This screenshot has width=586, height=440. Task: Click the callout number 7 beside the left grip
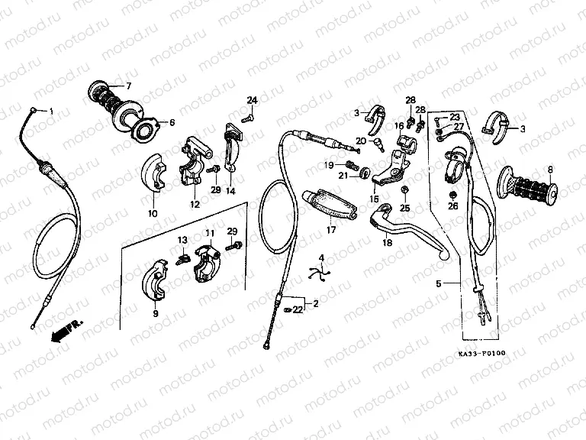[x=128, y=85]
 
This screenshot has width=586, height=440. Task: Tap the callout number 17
[x=330, y=228]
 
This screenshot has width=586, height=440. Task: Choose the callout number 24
[x=252, y=101]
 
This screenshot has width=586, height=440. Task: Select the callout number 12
[x=195, y=205]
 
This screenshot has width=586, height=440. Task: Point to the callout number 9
[x=155, y=313]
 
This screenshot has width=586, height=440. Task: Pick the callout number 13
[x=182, y=241]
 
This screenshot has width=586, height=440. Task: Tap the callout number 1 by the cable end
[x=52, y=112]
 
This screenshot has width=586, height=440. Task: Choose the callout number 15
[x=375, y=199]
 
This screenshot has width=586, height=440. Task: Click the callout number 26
[x=452, y=205]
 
